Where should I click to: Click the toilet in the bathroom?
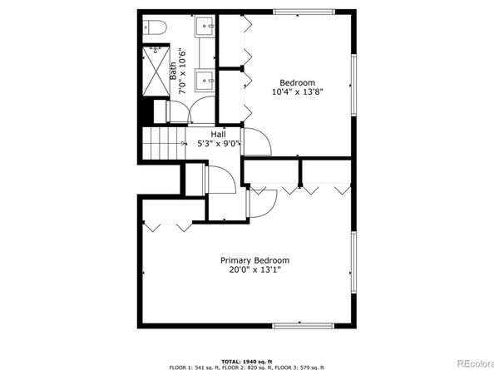[x=155, y=27]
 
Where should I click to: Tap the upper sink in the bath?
[x=205, y=26]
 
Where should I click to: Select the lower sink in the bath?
[x=205, y=81]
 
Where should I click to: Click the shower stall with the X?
[x=156, y=71]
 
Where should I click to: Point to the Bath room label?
[x=173, y=71]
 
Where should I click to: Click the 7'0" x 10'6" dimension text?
[x=182, y=72]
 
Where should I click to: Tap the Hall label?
[x=218, y=135]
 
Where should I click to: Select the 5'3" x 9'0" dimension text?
[x=219, y=144]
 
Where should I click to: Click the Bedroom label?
[x=298, y=83]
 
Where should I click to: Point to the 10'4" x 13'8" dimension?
[x=298, y=92]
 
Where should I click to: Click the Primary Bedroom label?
[x=254, y=260]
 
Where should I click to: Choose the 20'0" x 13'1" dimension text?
[x=254, y=270]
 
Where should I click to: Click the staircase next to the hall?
[x=164, y=143]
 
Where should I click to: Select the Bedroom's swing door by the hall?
[x=256, y=141]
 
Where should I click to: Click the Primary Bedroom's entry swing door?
[x=261, y=204]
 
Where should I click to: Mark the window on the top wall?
[x=304, y=12]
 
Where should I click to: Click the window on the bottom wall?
[x=303, y=326]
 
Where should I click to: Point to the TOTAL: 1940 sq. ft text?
[x=247, y=362]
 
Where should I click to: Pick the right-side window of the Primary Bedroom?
[x=353, y=262]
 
